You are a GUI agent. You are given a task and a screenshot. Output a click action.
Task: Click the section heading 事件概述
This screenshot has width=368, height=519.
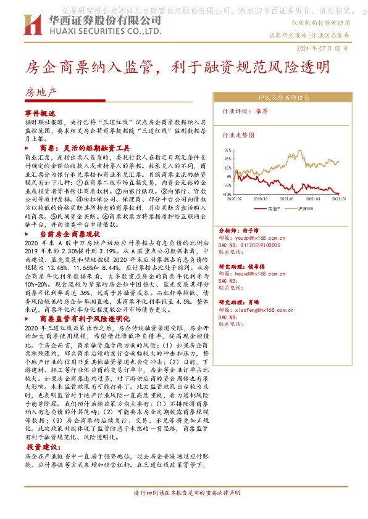[40, 114]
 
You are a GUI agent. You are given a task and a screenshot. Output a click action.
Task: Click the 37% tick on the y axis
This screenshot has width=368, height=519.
[228, 150]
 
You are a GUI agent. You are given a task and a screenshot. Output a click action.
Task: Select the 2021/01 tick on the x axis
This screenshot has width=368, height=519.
[287, 199]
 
